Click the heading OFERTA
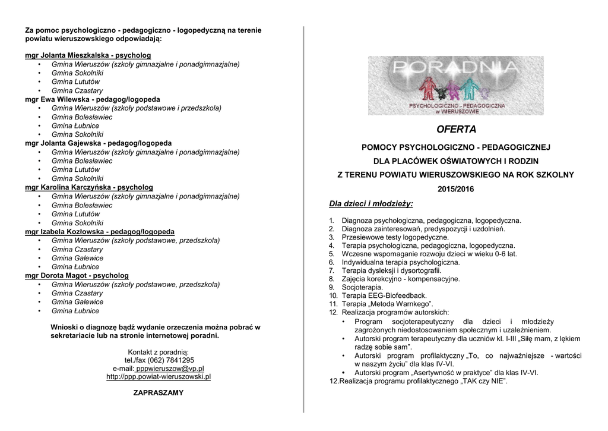[x=455, y=129]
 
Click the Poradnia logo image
[x=455, y=86]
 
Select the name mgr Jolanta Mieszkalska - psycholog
[x=88, y=55]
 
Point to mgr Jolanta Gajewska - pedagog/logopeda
[x=98, y=143]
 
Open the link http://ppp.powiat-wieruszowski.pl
[x=159, y=376]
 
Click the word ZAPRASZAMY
[x=159, y=393]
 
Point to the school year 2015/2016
[x=455, y=189]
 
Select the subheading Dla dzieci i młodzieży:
[x=370, y=204]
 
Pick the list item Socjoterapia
[x=362, y=287]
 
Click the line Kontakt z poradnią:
[x=159, y=352]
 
